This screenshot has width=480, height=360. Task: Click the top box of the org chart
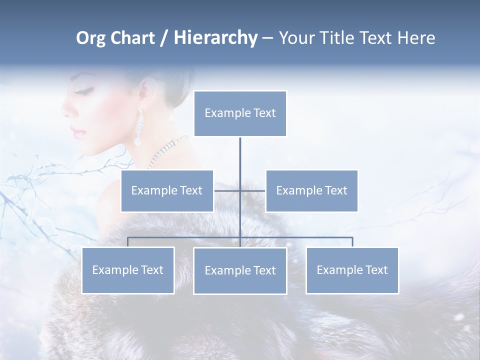pos(240,113)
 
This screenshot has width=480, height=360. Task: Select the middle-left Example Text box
pos(167,190)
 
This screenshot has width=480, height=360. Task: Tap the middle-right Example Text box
pos(311,190)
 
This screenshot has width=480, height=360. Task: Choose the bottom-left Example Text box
pos(128,270)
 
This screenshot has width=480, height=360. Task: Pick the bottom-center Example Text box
pos(240,270)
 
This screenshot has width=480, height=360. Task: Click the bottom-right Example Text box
pos(352,270)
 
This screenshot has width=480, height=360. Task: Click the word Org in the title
pos(90,38)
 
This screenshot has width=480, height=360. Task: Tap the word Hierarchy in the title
pos(215,38)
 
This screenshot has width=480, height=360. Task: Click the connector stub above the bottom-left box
pos(128,242)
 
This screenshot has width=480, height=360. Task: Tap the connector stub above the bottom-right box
pos(352,242)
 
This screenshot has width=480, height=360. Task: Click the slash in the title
pos(163,38)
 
